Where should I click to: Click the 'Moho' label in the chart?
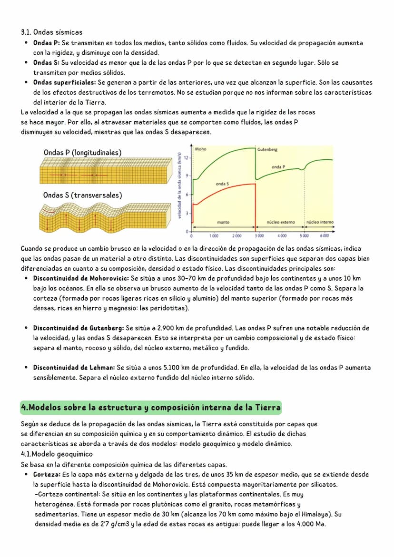(x=200, y=150)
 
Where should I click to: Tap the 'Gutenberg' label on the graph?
(x=267, y=150)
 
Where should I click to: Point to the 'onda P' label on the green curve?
(x=278, y=167)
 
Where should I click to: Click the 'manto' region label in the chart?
(x=223, y=222)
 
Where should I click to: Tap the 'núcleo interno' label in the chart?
(x=320, y=222)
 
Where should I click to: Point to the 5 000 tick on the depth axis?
(x=304, y=236)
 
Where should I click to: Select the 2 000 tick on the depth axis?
(x=236, y=236)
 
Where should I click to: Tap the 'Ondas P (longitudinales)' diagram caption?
(x=82, y=152)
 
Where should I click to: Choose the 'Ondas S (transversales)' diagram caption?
(x=82, y=195)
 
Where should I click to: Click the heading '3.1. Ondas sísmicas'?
(x=51, y=32)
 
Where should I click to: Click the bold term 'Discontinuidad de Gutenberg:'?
(x=79, y=328)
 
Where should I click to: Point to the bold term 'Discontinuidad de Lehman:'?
(x=74, y=368)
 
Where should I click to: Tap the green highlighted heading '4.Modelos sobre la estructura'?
(x=151, y=408)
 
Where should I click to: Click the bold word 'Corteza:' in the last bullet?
(x=47, y=475)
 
